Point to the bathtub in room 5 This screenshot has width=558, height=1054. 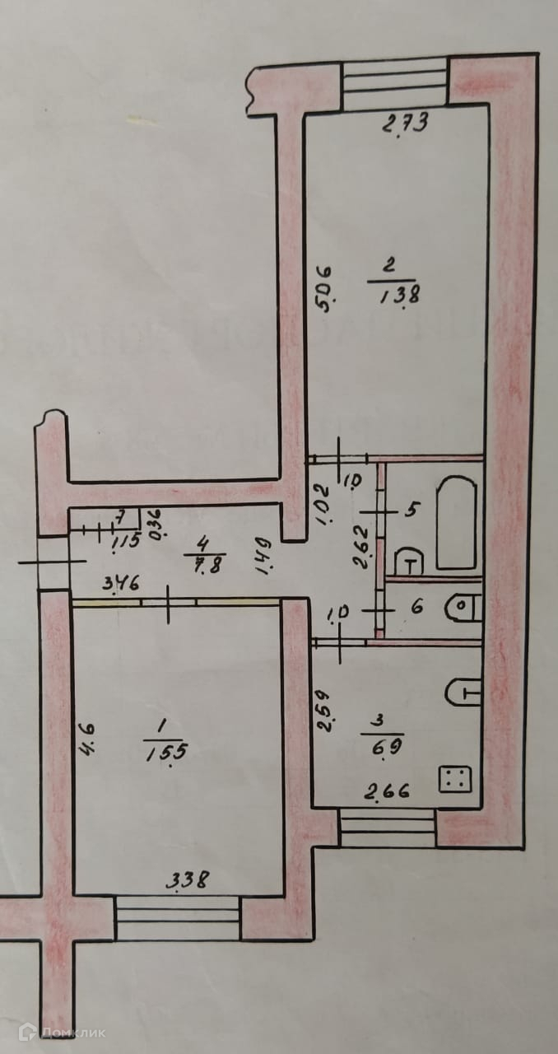point(456,522)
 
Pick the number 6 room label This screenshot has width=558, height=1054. point(416,608)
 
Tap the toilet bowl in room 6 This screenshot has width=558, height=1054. point(462,608)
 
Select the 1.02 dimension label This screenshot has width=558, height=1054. point(323,500)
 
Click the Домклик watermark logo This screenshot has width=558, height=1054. point(62,1030)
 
